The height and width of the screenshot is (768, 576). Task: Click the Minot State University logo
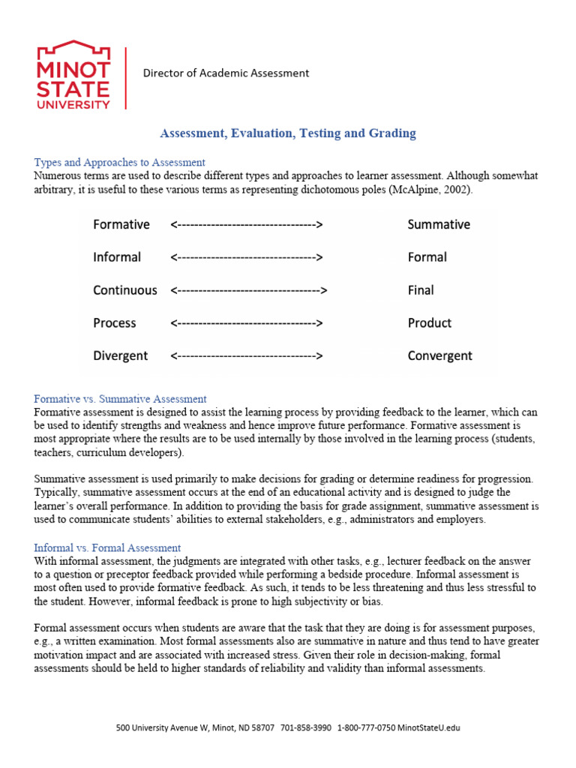pos(73,75)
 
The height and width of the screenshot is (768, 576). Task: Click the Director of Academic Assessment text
pos(226,73)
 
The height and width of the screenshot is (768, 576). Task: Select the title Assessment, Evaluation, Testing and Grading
pos(288,133)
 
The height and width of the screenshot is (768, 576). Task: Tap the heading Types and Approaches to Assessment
pos(120,162)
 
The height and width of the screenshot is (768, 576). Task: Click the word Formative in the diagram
pos(121,224)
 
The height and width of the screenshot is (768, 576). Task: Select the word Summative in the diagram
pos(439,224)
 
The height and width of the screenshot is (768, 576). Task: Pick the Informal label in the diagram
pos(117,257)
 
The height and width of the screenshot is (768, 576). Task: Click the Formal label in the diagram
pos(427,257)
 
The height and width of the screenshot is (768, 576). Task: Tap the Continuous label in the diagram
pos(125,290)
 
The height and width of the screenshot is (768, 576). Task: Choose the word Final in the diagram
pos(421,290)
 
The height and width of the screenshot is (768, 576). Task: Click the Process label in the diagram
pos(115,323)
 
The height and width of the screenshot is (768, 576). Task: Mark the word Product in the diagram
pos(430,323)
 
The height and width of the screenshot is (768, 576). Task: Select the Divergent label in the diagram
pos(121,355)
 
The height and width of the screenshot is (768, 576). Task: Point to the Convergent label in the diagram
pos(440,355)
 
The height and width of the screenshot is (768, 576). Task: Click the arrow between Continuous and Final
pos(250,290)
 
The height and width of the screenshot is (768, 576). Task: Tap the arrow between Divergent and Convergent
pos(247,355)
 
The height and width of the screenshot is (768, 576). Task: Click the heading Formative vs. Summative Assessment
pos(121,399)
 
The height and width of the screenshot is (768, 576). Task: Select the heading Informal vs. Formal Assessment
pos(108,548)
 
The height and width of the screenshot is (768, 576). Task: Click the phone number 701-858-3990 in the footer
pos(306,728)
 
